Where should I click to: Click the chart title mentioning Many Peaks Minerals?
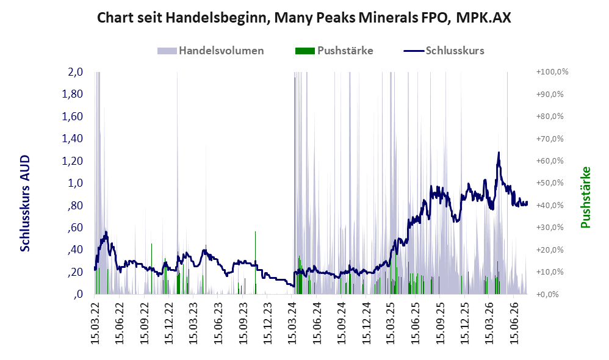(304, 18)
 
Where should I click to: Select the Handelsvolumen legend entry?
(211, 51)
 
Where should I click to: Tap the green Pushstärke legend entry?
(334, 51)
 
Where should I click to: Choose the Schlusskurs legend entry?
(444, 51)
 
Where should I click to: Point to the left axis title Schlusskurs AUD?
(25, 204)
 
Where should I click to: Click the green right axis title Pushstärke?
(585, 197)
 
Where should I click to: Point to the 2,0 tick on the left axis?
(75, 72)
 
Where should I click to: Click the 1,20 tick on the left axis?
(72, 160)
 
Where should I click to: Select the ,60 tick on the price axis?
(76, 227)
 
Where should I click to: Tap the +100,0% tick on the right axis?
(552, 72)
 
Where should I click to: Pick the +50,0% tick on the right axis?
(550, 183)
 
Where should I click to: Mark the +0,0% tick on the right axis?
(547, 294)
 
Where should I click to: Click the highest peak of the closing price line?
(499, 153)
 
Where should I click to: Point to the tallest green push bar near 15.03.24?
(295, 185)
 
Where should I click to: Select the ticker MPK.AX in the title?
(483, 18)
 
